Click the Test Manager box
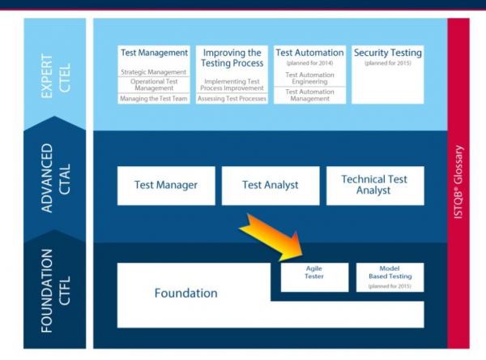pos(166,185)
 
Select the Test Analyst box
pos(270,185)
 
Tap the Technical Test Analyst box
pos(373,185)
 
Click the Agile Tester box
pos(313,276)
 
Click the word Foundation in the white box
pos(186,294)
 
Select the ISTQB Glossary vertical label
pos(458,182)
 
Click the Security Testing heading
pos(388,53)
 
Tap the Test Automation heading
pos(309,53)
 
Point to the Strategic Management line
pos(154,71)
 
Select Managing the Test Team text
pos(154,99)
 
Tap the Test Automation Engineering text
pos(309,79)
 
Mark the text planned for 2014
pos(309,62)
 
